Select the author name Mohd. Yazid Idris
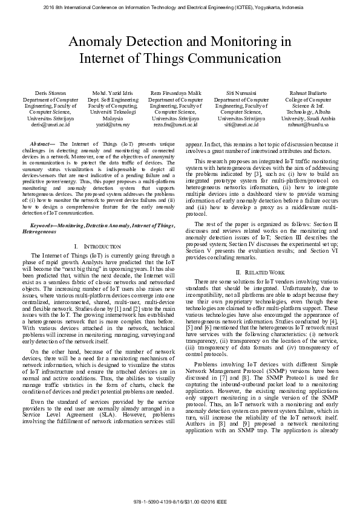click(x=113, y=93)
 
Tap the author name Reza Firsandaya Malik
click(x=175, y=93)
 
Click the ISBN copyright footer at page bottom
click(x=180, y=502)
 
